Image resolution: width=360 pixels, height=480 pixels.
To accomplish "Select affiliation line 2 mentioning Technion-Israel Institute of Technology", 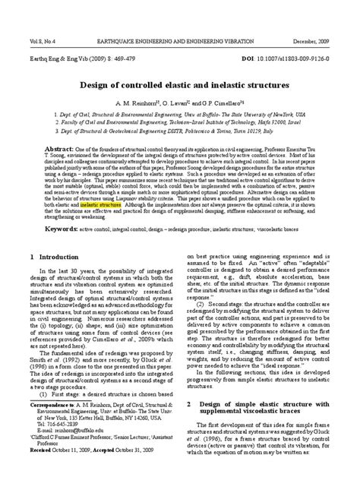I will pos(179,122).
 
